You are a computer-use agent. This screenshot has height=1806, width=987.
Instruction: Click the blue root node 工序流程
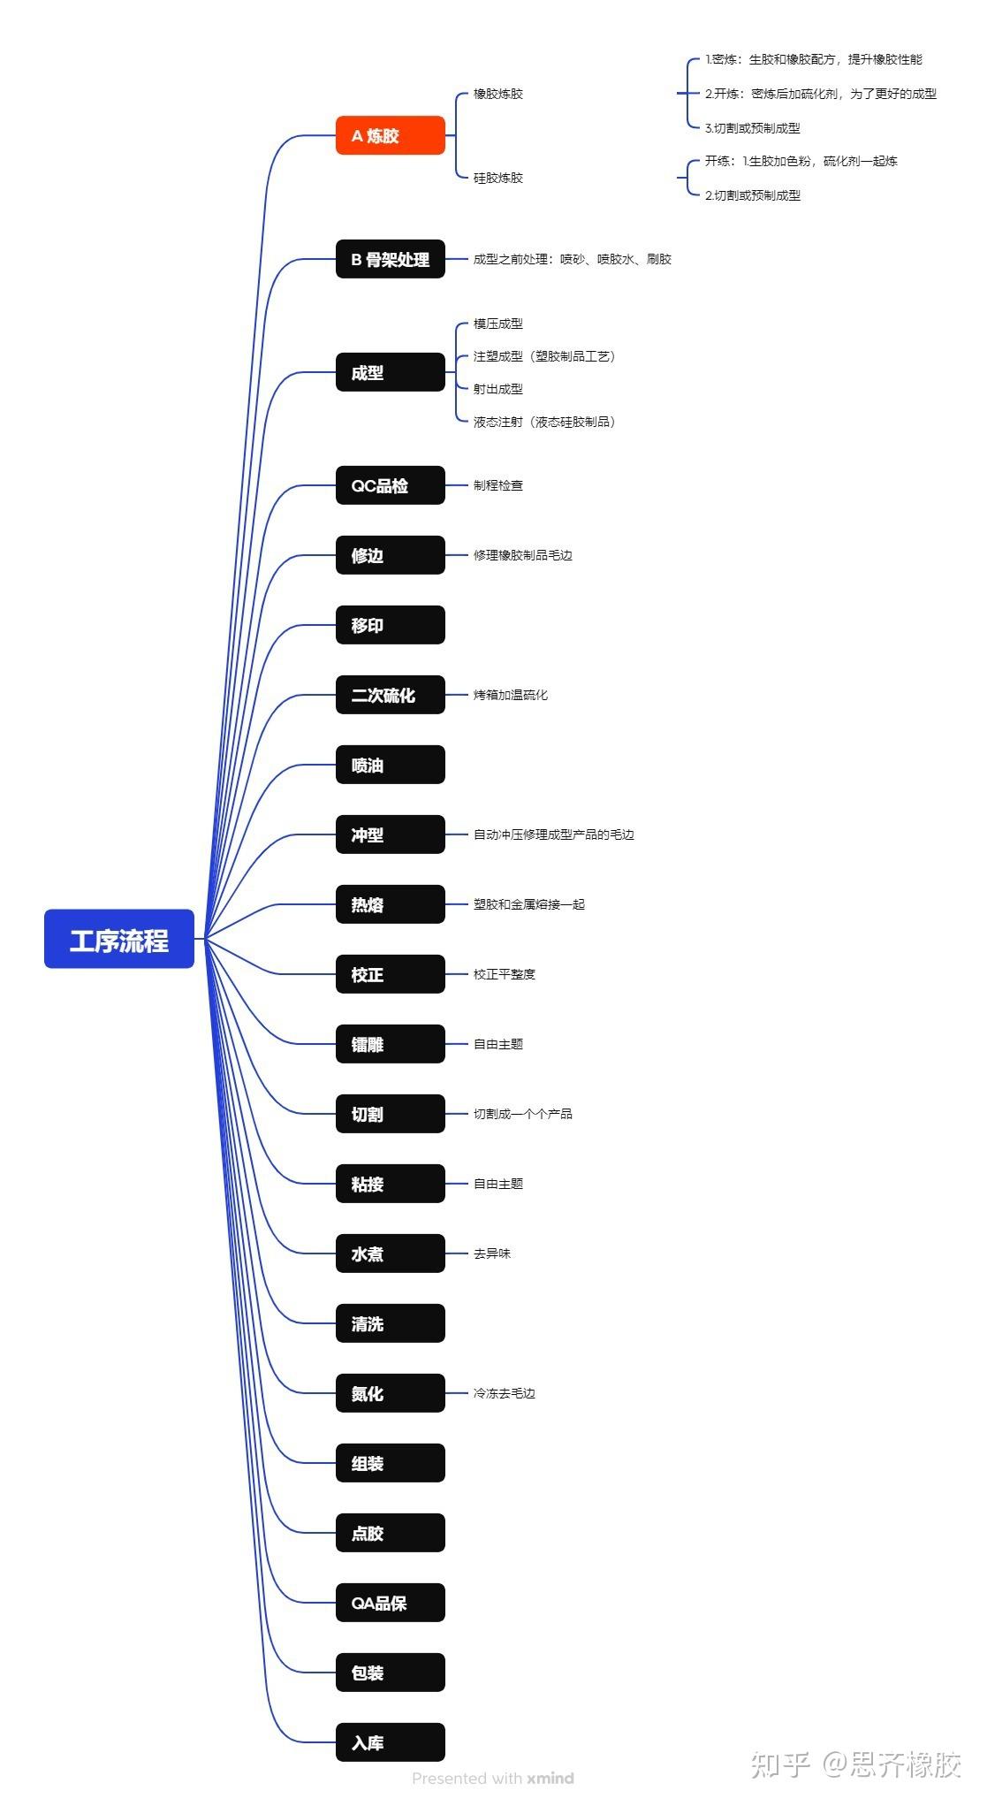coord(119,939)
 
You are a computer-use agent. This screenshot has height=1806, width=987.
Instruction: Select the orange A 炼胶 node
coord(390,135)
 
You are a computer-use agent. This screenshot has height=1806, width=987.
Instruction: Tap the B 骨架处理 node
coord(390,259)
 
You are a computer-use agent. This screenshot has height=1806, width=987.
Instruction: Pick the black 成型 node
coord(390,372)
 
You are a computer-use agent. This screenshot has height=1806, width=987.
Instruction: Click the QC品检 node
coord(390,485)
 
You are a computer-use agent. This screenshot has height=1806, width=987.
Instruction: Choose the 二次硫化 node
coord(390,695)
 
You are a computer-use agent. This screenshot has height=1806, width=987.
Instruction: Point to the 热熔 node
coord(390,904)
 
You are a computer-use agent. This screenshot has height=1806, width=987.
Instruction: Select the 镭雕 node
coord(390,1044)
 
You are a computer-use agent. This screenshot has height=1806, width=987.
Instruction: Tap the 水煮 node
coord(390,1254)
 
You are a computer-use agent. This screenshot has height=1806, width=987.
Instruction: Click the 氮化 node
coord(390,1393)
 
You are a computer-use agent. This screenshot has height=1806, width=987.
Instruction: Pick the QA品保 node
coord(390,1603)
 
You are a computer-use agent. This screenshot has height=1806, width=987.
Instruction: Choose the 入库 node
coord(390,1742)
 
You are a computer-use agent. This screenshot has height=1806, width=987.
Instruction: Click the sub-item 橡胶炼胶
coord(498,94)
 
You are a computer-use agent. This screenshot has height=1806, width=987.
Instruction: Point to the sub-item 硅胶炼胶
coord(498,178)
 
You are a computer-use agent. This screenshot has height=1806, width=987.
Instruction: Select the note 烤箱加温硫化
coord(511,695)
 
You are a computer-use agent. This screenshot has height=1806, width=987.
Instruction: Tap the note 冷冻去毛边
coord(505,1393)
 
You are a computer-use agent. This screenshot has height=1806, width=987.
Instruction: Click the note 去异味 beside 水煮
coord(492,1254)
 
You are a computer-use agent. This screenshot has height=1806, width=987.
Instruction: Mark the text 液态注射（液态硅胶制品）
coord(544,422)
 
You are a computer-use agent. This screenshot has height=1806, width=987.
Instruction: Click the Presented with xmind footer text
coord(493,1778)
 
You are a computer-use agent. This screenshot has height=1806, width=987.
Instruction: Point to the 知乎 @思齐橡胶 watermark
coord(855,1764)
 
